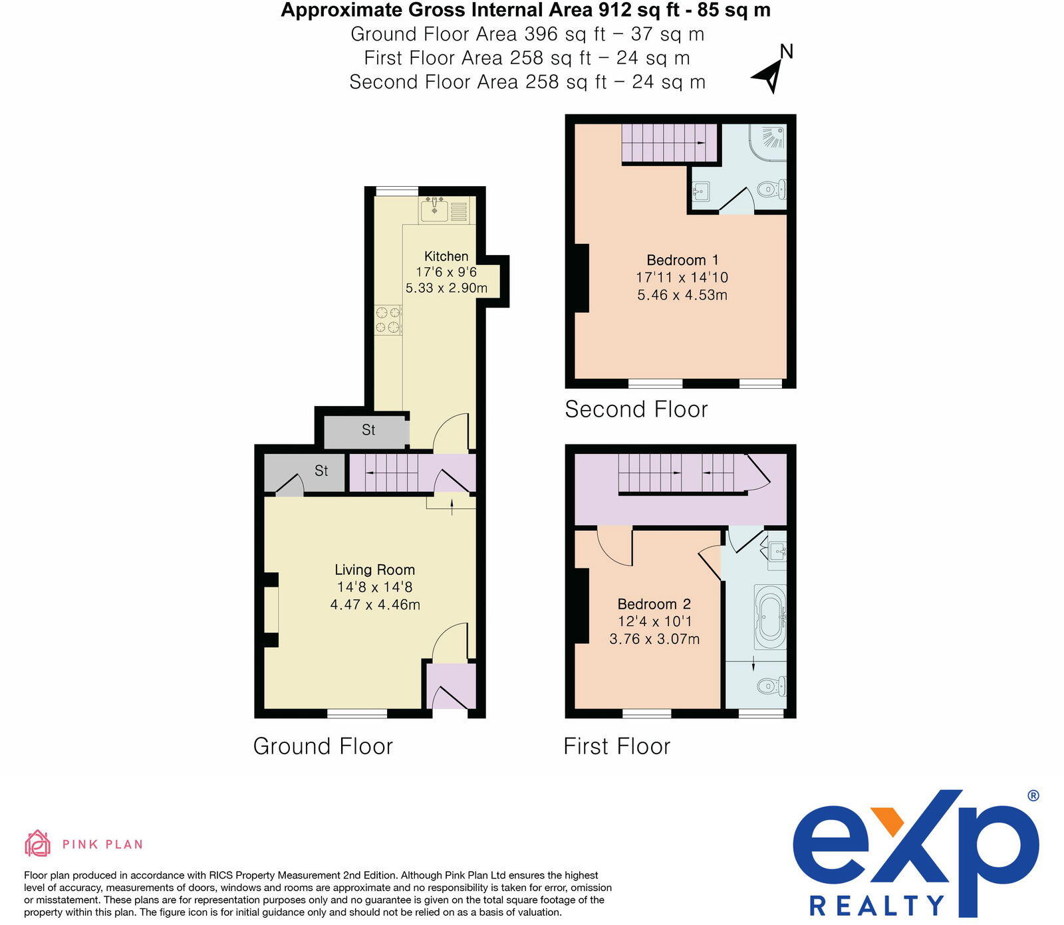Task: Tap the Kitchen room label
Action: pos(446,257)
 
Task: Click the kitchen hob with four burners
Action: pos(388,319)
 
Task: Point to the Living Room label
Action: pos(374,569)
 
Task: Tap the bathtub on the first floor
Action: pos(770,617)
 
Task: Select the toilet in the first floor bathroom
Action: pos(771,685)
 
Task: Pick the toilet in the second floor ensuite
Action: pos(771,189)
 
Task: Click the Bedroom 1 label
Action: pos(682,260)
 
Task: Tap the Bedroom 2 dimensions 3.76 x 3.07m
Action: pos(654,639)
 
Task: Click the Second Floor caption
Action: pos(636,409)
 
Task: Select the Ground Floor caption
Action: pos(323,746)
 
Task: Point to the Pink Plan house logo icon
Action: pos(38,843)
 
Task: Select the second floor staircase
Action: pos(669,143)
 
